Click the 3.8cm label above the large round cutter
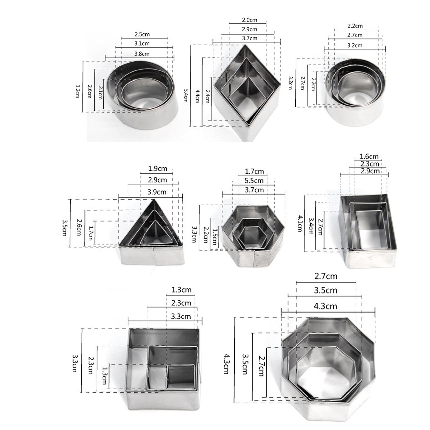click(x=142, y=54)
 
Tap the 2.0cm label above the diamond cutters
click(x=249, y=20)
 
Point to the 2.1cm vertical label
click(x=100, y=93)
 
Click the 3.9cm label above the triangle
click(x=157, y=192)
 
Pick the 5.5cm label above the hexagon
click(x=254, y=181)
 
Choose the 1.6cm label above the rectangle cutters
click(x=369, y=156)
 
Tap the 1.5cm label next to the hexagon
click(x=214, y=236)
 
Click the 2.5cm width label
click(x=142, y=34)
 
